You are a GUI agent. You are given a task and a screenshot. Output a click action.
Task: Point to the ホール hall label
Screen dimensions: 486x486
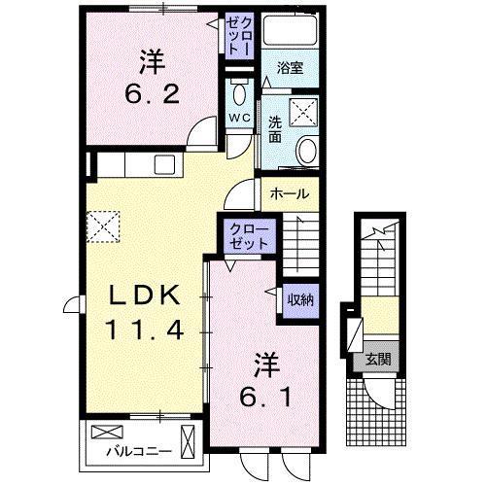(290, 193)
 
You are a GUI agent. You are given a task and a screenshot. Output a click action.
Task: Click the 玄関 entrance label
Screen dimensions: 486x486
(377, 359)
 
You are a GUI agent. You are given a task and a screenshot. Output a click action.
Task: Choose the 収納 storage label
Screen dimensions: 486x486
(297, 299)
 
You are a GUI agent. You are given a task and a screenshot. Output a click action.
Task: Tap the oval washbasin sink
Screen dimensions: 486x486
(308, 152)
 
